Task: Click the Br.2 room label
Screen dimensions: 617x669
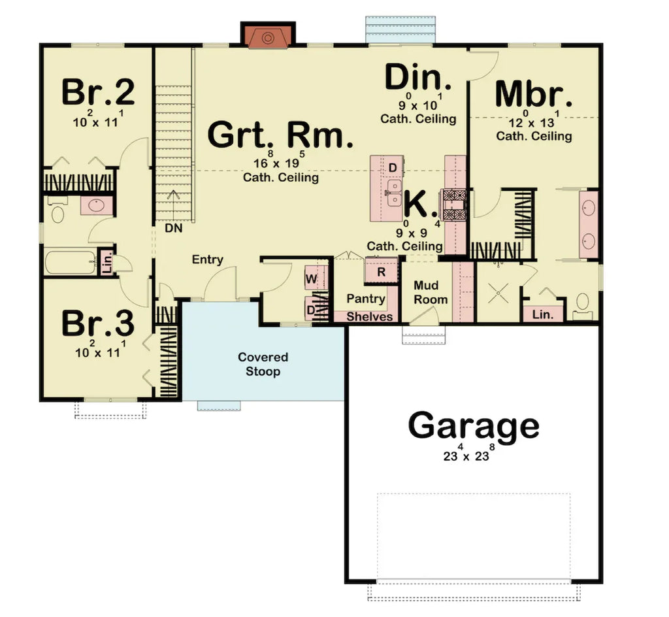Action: tap(98, 93)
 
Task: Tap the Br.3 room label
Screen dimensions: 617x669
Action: tap(98, 323)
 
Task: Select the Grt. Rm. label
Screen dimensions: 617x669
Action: tap(280, 135)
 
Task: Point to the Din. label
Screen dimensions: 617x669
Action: tap(417, 78)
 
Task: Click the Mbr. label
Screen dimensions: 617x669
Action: tap(533, 95)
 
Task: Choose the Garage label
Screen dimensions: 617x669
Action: tap(474, 426)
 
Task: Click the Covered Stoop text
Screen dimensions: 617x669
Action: tap(263, 365)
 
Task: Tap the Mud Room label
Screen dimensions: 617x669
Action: tap(431, 293)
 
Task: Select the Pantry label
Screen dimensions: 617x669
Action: tap(366, 299)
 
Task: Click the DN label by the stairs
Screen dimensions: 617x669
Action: tap(173, 229)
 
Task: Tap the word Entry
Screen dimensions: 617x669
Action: tap(208, 259)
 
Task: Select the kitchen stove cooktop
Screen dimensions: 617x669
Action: tap(453, 203)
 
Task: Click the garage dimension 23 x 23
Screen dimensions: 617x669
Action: tap(465, 456)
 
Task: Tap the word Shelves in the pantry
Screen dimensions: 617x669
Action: tap(370, 316)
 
